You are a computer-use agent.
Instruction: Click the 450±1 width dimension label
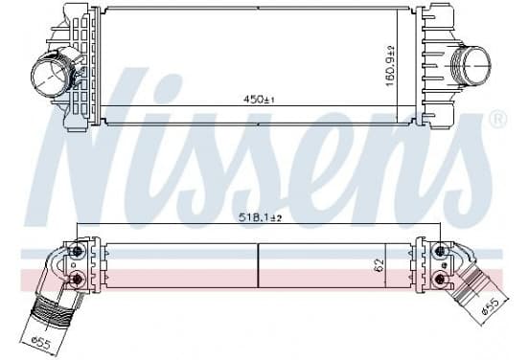click(259, 100)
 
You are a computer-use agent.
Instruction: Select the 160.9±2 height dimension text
click(390, 66)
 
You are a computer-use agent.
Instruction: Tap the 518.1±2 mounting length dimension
click(260, 217)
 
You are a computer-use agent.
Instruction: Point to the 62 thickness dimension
click(379, 265)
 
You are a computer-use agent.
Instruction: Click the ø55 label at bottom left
click(41, 343)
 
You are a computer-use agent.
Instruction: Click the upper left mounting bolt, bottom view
click(78, 251)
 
